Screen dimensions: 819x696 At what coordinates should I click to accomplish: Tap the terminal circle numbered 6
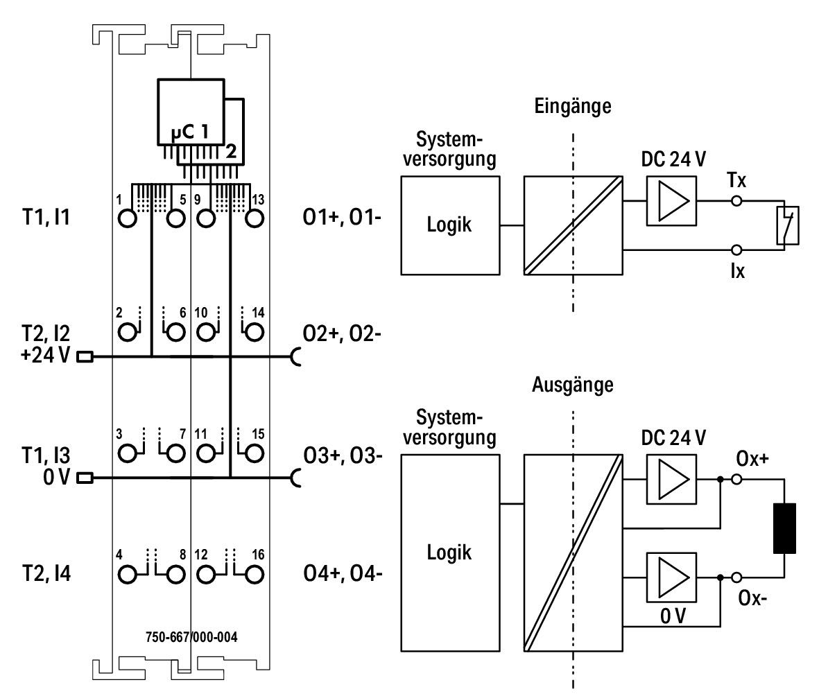tap(176, 332)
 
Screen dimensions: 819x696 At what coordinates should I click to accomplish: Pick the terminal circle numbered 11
tap(207, 453)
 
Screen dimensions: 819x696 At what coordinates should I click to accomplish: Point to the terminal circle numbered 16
tap(255, 575)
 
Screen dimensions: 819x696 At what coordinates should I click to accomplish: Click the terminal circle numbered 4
tap(127, 575)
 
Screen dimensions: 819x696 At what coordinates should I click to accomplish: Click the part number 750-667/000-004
tap(191, 637)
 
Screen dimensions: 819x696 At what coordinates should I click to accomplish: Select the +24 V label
tap(45, 356)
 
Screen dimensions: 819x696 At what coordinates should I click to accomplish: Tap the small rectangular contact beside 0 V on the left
tap(85, 477)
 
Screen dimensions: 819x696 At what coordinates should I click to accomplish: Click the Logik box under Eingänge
tap(450, 225)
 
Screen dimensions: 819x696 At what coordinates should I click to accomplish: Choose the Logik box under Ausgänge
tap(450, 553)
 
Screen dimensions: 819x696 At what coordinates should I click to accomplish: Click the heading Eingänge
tap(572, 107)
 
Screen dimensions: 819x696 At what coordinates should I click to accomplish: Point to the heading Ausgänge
tap(572, 385)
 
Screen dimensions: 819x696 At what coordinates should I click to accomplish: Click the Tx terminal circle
tap(736, 200)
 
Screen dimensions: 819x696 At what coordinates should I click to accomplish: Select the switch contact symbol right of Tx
tap(787, 225)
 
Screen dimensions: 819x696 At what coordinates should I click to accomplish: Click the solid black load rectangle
tap(784, 528)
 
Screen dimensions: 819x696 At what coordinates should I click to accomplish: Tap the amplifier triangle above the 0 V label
tap(673, 577)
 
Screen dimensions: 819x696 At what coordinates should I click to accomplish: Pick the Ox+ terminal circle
tap(736, 479)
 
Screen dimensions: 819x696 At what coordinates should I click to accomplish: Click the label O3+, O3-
tap(343, 456)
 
